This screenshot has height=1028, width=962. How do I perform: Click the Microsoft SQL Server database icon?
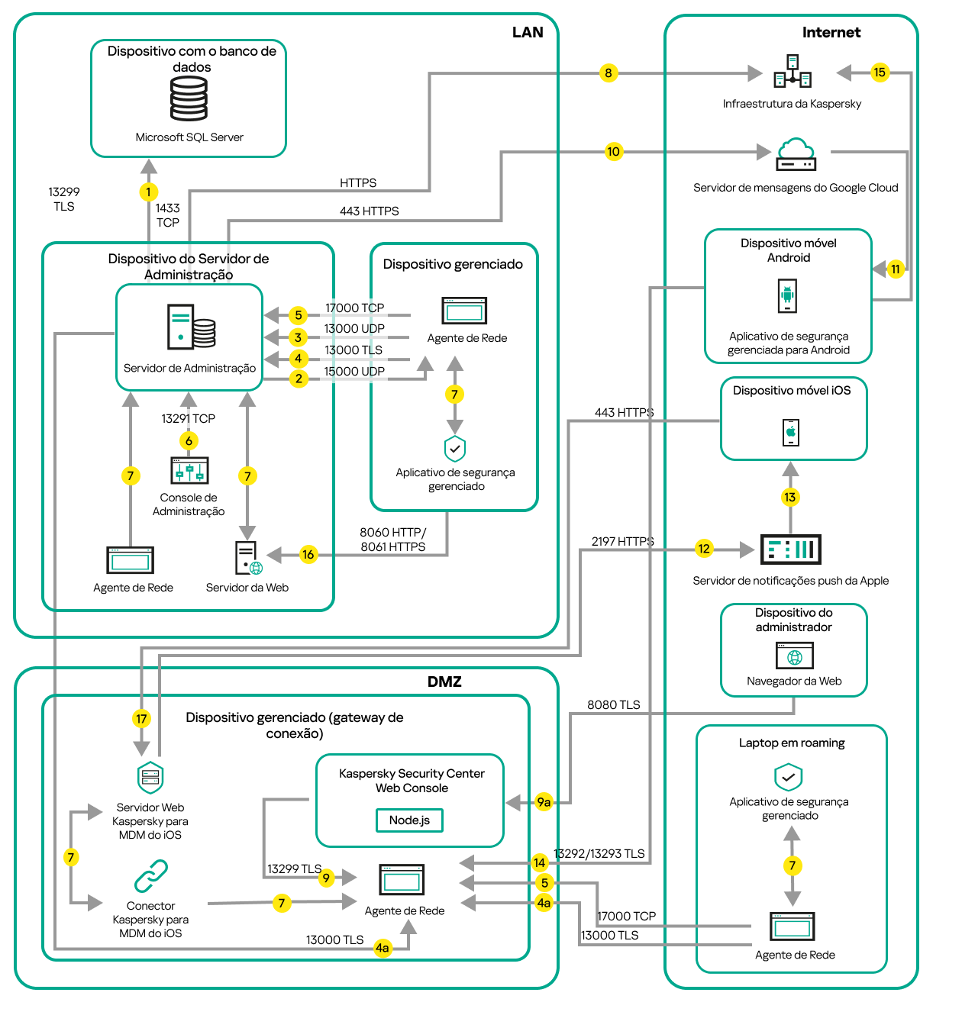189,99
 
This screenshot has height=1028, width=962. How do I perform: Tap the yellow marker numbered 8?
608,73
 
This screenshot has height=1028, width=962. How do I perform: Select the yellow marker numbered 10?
613,152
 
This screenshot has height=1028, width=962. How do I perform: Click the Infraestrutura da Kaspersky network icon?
793,72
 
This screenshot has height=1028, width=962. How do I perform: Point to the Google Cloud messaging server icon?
796,154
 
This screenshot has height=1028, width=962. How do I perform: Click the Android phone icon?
787,295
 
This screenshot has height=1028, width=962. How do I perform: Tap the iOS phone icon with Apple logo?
791,432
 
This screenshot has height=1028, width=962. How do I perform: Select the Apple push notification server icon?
791,549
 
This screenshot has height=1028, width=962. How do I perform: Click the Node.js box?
410,820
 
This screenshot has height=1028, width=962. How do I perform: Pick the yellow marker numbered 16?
308,555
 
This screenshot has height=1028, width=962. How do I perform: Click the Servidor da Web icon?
247,558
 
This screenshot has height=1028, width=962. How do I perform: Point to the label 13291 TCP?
188,418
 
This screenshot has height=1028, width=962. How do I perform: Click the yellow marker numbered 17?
141,719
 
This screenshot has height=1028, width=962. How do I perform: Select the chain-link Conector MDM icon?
151,876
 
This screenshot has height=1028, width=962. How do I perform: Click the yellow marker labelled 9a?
544,802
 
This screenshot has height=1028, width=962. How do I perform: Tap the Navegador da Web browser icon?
794,656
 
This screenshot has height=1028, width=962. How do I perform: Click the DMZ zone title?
444,682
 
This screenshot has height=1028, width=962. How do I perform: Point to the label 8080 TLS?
613,704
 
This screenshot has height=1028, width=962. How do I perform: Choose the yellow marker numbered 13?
790,498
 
